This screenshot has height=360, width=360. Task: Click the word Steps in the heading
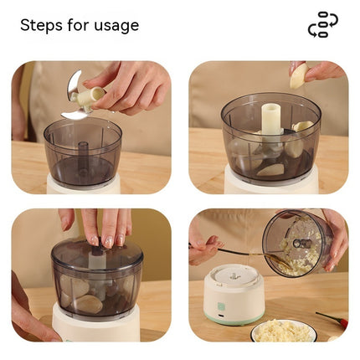(41, 25)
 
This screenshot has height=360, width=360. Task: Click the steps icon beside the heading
(322, 25)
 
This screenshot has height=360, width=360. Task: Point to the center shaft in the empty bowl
(83, 154)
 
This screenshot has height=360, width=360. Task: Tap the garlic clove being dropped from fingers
(298, 78)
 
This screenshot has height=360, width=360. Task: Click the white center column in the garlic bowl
(269, 122)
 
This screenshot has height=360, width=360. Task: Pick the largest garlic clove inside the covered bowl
(89, 304)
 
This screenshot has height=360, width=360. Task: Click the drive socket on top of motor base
(234, 275)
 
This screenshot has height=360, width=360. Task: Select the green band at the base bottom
(234, 321)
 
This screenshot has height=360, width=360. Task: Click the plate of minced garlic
(283, 331)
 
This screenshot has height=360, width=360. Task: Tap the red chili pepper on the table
(333, 321)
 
